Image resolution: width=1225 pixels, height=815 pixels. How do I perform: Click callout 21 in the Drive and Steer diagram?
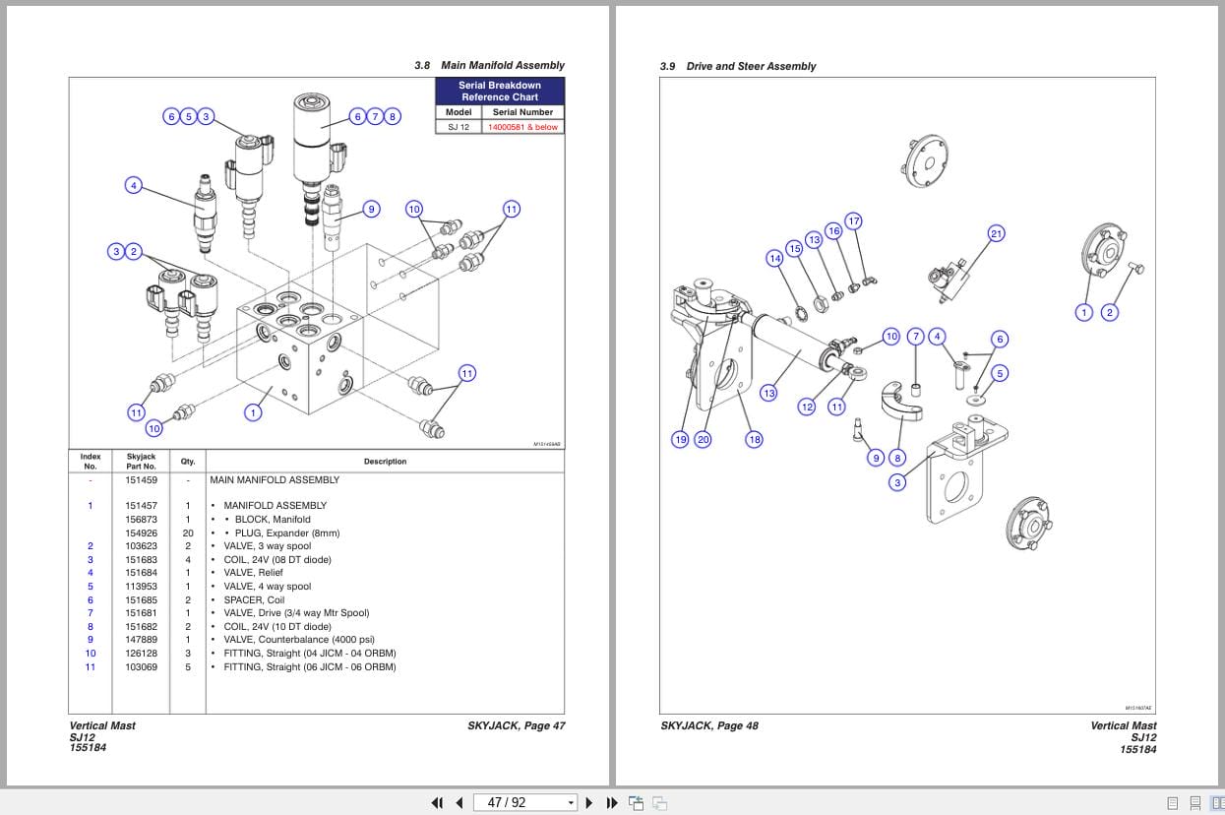point(996,233)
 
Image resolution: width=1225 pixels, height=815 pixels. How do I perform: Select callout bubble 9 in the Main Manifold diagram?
point(371,209)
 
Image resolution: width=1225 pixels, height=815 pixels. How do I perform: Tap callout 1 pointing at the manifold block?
point(253,412)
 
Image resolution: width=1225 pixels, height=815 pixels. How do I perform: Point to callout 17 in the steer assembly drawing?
point(853,220)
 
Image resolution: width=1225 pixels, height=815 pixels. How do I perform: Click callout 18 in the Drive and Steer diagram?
point(754,439)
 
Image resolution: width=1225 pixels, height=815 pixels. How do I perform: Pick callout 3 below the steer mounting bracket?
point(896,482)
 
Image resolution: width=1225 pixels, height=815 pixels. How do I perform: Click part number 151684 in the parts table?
point(141,573)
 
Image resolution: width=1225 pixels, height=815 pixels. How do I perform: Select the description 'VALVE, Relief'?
point(253,573)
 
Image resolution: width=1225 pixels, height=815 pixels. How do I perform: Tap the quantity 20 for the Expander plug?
point(187,533)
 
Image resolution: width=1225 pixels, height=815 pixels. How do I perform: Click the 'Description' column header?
point(385,461)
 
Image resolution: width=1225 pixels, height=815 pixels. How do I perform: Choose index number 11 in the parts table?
point(91,666)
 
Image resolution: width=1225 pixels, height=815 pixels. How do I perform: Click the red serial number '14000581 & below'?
point(522,127)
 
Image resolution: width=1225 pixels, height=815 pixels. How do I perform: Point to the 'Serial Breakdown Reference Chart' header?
point(500,92)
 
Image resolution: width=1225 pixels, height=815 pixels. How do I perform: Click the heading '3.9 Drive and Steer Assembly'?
point(738,66)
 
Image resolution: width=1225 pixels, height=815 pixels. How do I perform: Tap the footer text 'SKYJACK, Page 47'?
point(516,726)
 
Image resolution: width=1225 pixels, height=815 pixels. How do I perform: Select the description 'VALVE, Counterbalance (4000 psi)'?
point(299,640)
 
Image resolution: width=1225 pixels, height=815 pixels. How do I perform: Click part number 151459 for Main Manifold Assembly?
point(141,480)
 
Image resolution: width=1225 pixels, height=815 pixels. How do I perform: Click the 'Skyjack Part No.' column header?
point(141,461)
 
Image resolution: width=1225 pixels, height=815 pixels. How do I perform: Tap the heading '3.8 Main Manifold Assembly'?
point(489,65)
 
